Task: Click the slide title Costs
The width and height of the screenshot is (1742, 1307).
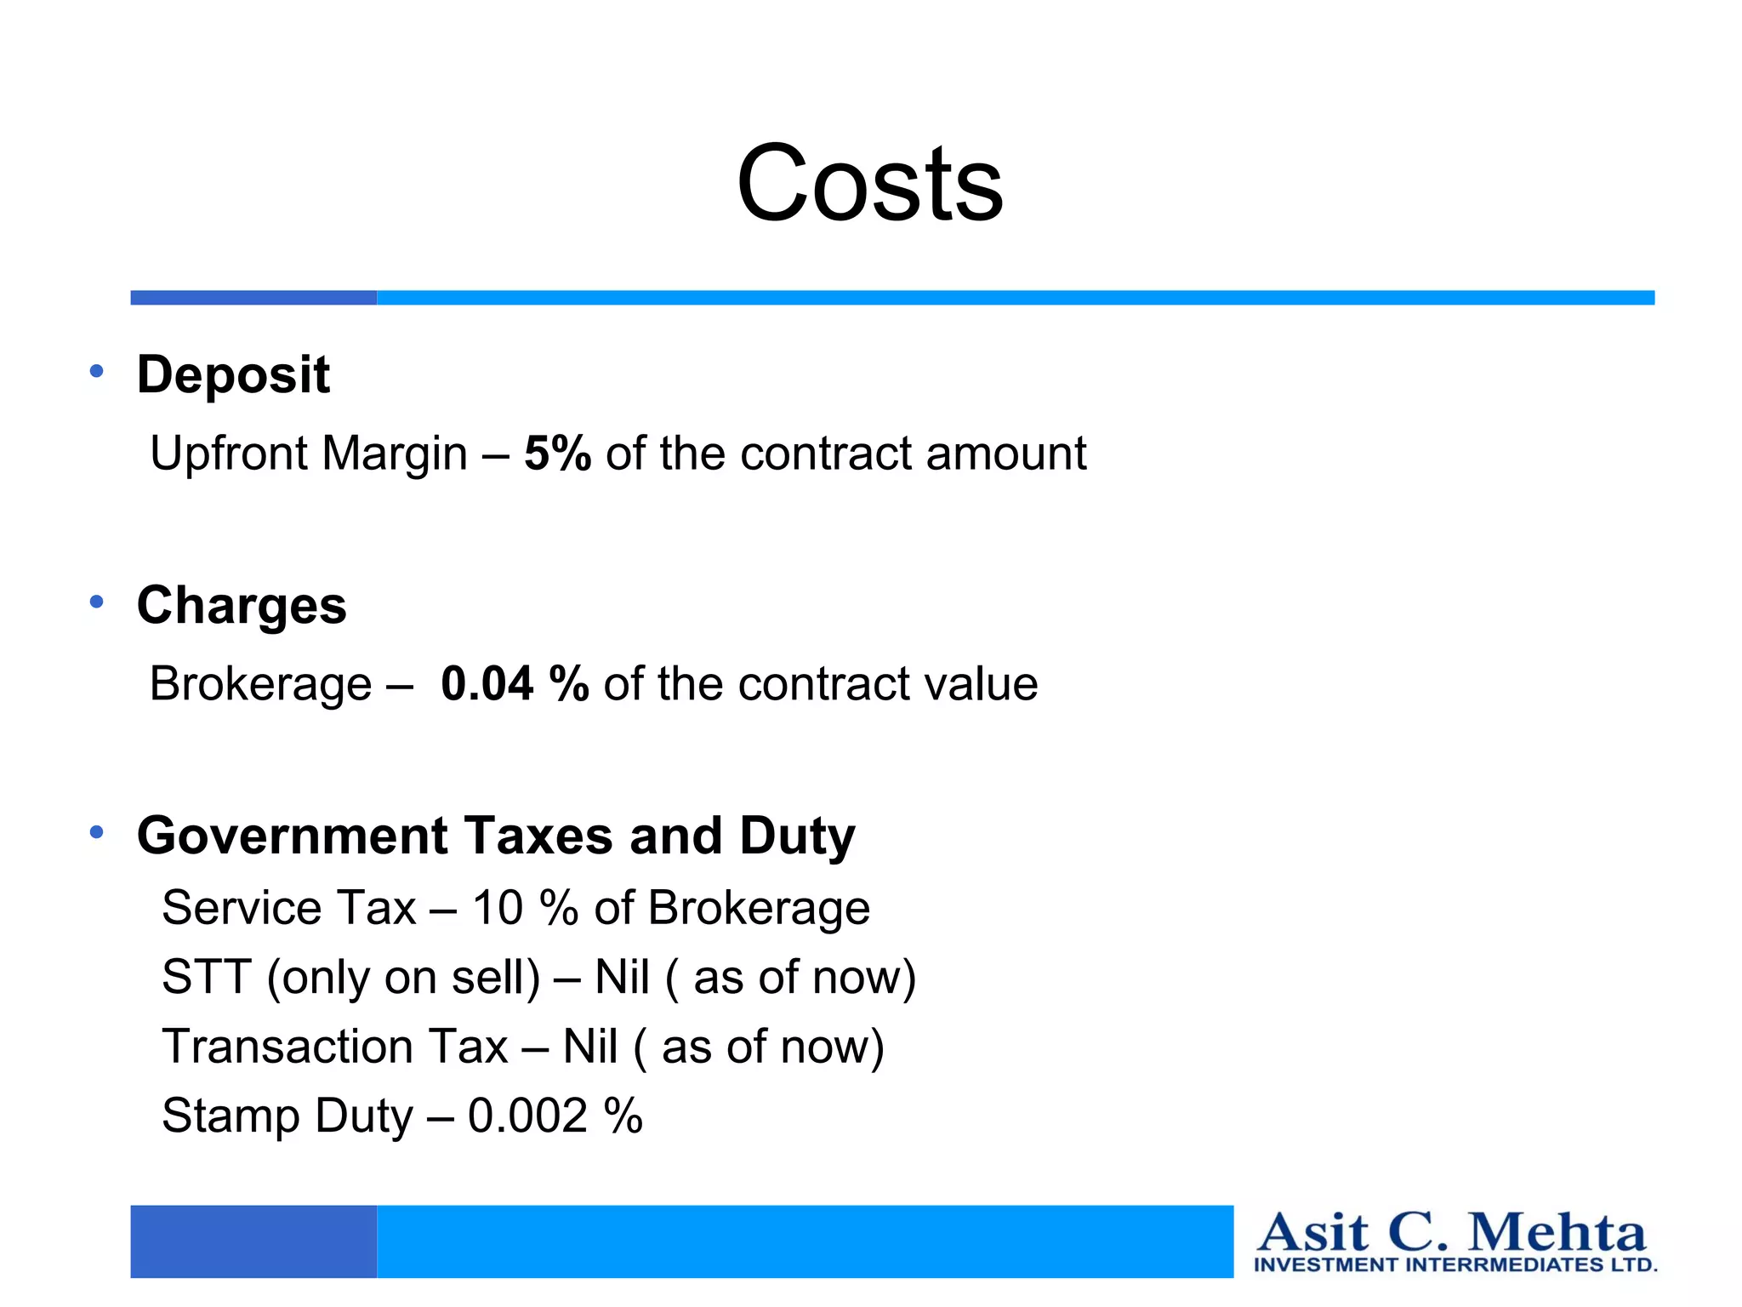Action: [869, 184]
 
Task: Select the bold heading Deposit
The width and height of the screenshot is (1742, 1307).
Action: [233, 374]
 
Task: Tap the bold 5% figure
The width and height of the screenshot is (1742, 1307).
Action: [557, 453]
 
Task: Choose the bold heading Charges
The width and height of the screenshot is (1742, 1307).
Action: [242, 605]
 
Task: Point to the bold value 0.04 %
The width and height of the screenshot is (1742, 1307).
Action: [515, 683]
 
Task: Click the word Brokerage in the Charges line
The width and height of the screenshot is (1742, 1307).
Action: [260, 684]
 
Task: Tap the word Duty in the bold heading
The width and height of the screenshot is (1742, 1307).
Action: [797, 837]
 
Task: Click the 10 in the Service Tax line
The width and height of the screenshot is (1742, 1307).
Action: [498, 907]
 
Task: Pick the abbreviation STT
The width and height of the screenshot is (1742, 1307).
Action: [207, 977]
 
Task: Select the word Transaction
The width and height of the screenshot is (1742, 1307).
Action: [335, 1047]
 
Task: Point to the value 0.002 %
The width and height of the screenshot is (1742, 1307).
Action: [555, 1116]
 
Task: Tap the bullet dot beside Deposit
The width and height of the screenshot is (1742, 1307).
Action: [97, 371]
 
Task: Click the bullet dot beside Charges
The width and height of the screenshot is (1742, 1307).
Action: [97, 602]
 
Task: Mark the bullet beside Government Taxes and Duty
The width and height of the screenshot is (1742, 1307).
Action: [97, 832]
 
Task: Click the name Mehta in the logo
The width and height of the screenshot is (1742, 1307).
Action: [1557, 1233]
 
